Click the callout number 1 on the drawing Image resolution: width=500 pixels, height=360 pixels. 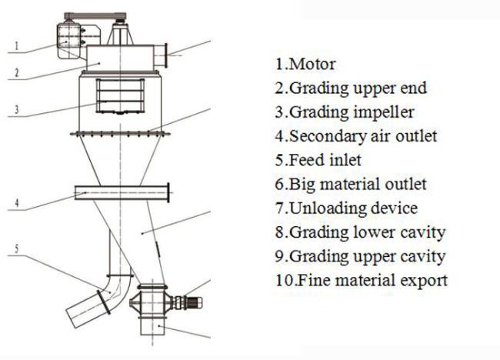17,46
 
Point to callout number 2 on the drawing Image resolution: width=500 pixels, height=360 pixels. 17,73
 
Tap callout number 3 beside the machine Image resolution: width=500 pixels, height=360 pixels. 17,110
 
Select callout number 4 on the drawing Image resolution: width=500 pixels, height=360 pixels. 17,203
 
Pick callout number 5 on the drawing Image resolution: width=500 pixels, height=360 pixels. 17,248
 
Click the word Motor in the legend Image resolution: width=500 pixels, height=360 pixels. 313,64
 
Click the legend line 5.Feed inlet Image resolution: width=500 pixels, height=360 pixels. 318,160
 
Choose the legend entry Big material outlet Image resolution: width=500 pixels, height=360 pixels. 358,185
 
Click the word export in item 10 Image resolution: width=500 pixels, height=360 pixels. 424,281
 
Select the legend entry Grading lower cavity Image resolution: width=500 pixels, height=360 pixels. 368,232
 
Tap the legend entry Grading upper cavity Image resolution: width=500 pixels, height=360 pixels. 368,257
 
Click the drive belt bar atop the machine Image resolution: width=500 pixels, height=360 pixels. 95,16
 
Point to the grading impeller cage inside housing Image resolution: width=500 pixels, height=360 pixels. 120,96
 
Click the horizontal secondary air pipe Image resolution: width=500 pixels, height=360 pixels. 122,192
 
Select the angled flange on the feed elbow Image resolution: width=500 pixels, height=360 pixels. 104,302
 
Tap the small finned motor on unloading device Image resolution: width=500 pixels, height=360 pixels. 194,302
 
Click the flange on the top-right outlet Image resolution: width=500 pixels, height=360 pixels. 165,55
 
